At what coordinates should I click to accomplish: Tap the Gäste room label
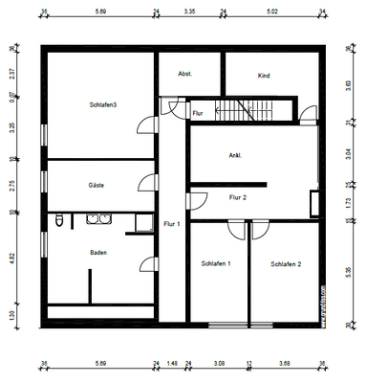click(x=96, y=185)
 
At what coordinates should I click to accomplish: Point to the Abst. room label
click(x=185, y=74)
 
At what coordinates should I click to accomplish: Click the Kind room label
click(x=265, y=75)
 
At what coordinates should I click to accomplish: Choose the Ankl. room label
click(x=234, y=155)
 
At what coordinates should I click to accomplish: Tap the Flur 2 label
click(x=238, y=197)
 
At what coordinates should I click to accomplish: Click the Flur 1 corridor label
click(x=172, y=223)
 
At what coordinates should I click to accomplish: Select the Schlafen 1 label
click(x=216, y=263)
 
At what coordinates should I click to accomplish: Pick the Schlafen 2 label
click(x=286, y=263)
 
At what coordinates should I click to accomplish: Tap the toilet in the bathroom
click(x=60, y=222)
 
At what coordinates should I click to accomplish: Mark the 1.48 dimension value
click(x=172, y=363)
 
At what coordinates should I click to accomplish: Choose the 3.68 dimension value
click(x=285, y=363)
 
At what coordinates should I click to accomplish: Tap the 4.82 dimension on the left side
click(x=12, y=259)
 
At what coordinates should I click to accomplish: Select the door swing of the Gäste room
click(x=145, y=184)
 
